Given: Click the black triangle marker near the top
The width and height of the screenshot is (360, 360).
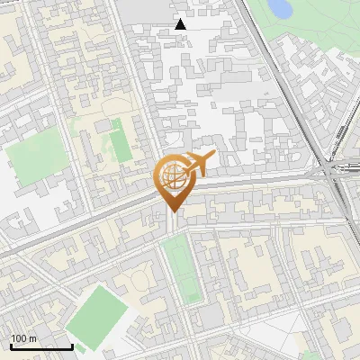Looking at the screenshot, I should click(181, 24).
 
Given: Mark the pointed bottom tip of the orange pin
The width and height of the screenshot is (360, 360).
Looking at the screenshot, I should click(172, 212).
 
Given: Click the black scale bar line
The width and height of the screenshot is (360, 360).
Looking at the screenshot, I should click(41, 346).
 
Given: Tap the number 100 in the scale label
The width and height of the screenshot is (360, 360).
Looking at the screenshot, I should click(19, 338).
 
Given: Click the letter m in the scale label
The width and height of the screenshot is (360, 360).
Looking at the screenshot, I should click(33, 338).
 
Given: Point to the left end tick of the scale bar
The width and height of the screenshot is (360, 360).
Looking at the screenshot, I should click(11, 345).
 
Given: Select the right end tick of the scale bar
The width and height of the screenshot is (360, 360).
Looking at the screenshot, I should click(72, 345).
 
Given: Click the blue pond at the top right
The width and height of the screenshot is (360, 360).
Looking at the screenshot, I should click(280, 9).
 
